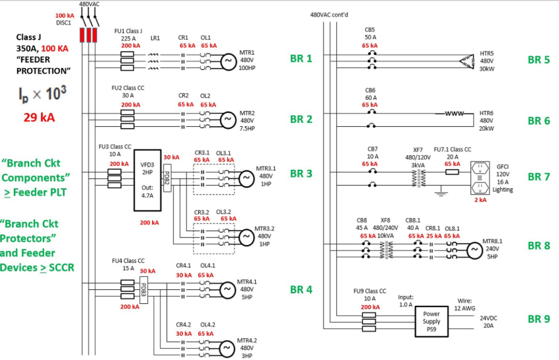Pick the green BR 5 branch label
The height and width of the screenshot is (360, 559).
tap(539, 60)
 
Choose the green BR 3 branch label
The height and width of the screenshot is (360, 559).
tap(301, 174)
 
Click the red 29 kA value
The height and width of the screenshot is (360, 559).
tap(39, 118)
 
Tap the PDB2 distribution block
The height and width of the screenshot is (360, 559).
tap(167, 178)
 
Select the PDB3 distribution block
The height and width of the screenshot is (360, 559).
tap(143, 290)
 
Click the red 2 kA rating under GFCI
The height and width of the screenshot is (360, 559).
tap(480, 200)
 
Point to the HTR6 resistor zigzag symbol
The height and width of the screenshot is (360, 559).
tap(454, 114)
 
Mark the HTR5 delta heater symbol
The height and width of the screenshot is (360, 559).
tap(467, 61)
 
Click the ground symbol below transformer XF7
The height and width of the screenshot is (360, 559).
tap(441, 192)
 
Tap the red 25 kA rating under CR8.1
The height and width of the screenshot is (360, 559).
tap(434, 236)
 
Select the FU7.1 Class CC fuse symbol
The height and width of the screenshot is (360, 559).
tap(452, 172)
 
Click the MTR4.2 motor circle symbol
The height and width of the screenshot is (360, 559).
tap(227, 349)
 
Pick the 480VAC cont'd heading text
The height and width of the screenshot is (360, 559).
tap(329, 15)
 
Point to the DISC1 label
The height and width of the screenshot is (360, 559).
tap(63, 23)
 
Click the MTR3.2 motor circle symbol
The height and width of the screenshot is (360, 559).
tap(246, 237)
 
